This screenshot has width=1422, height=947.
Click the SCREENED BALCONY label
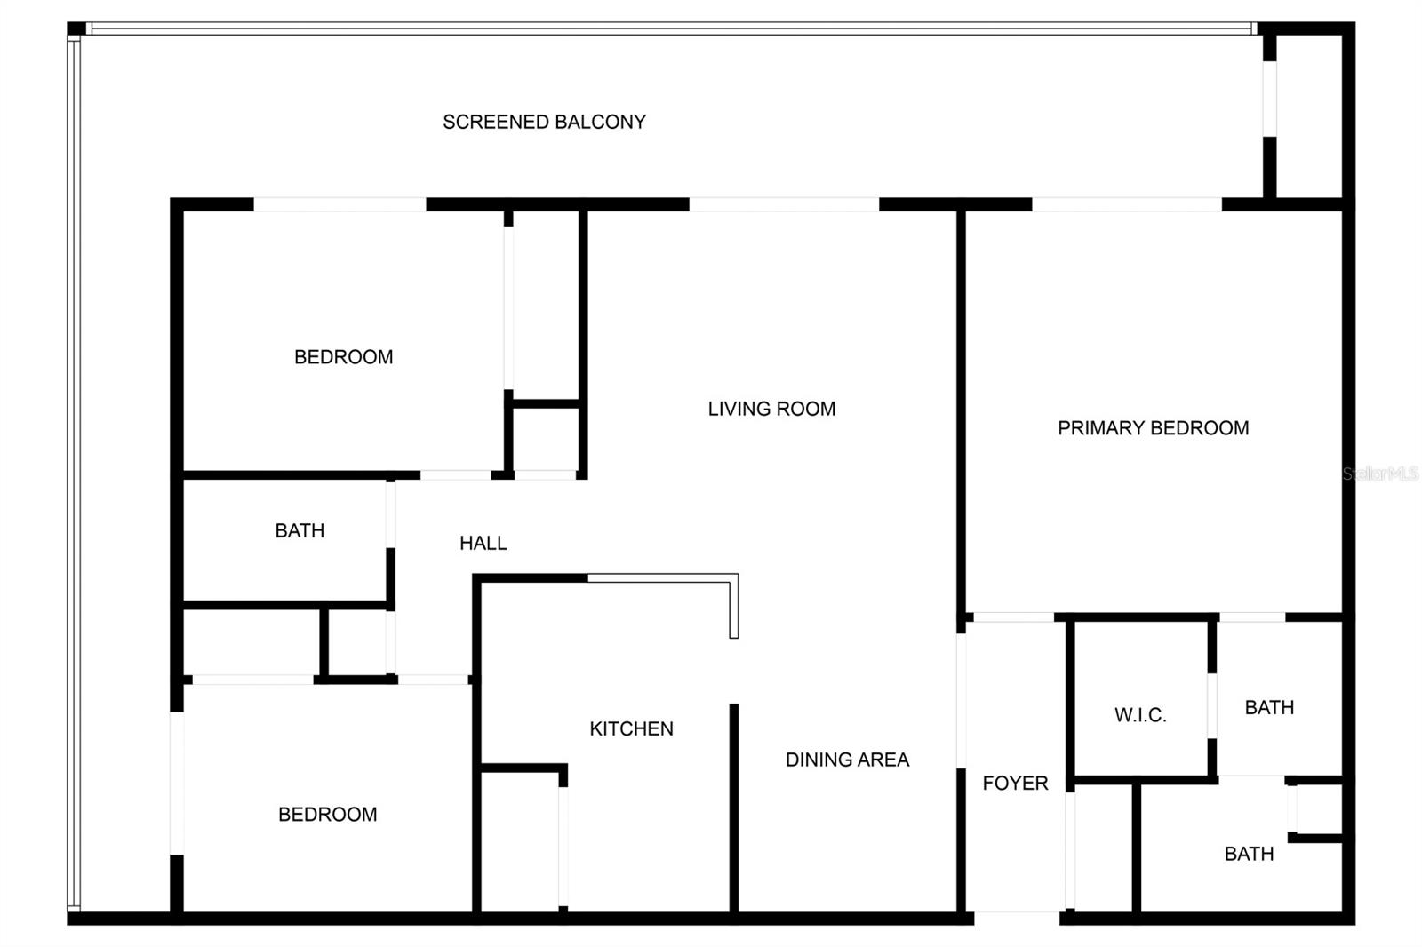point(544,122)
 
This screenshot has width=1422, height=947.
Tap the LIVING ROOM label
point(771,409)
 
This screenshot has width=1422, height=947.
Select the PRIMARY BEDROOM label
point(1153,428)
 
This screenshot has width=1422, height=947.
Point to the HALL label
point(483,543)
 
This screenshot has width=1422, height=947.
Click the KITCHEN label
point(631,728)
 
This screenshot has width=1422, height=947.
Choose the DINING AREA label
point(847,760)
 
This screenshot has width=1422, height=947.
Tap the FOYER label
point(1015,783)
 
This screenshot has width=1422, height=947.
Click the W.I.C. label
point(1140,715)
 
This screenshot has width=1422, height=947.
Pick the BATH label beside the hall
point(300,530)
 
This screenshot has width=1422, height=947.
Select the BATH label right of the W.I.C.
point(1269,707)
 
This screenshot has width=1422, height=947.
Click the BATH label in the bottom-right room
point(1249,854)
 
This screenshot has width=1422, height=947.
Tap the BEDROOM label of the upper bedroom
point(343,357)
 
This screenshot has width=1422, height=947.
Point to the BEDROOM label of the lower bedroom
point(327,814)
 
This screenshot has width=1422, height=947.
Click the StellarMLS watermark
point(1379,473)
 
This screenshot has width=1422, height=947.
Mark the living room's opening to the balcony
point(784,204)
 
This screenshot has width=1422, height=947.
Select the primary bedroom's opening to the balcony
point(1127,204)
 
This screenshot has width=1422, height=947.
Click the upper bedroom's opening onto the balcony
point(340,204)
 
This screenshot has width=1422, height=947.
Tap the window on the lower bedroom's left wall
point(177,783)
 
